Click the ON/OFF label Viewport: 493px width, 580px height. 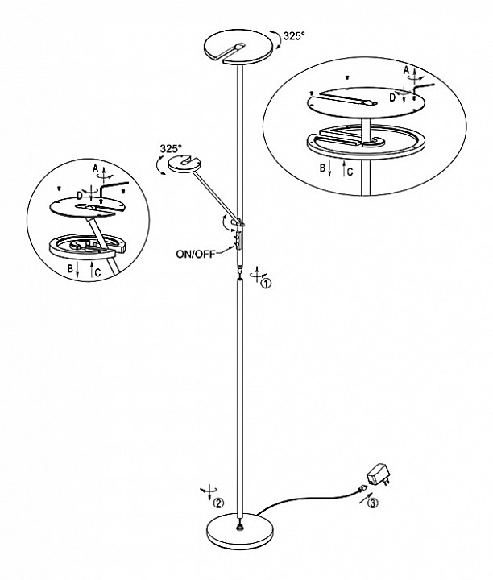point(195,254)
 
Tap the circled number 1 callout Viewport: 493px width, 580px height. point(267,284)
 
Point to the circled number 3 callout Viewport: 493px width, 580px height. point(372,503)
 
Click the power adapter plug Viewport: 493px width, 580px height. point(379,475)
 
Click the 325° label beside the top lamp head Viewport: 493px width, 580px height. point(294,36)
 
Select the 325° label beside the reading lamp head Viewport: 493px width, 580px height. point(171,149)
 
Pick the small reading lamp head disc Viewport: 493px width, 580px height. point(185,164)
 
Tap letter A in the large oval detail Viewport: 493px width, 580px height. point(407,70)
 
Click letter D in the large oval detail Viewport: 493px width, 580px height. point(392,97)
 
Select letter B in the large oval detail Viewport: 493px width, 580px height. point(322,168)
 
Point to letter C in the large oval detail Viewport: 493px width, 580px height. point(350,172)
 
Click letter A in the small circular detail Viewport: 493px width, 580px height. point(95,169)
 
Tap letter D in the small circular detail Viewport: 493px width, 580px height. point(80,195)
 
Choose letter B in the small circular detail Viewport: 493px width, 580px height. point(70,269)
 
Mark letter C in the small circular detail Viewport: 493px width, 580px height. point(97,272)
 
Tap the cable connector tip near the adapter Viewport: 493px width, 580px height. point(360,491)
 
